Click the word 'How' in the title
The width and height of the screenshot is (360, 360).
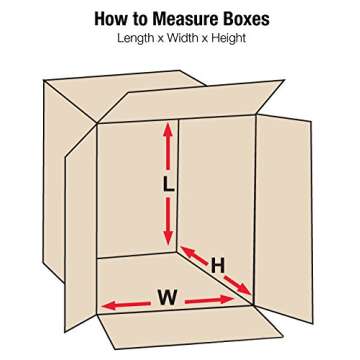coord(111,19)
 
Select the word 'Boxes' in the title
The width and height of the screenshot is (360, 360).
coord(246,19)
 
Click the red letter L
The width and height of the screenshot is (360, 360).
coord(168,184)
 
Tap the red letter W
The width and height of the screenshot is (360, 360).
coord(167,298)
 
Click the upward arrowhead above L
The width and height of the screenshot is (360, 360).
coord(168,130)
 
